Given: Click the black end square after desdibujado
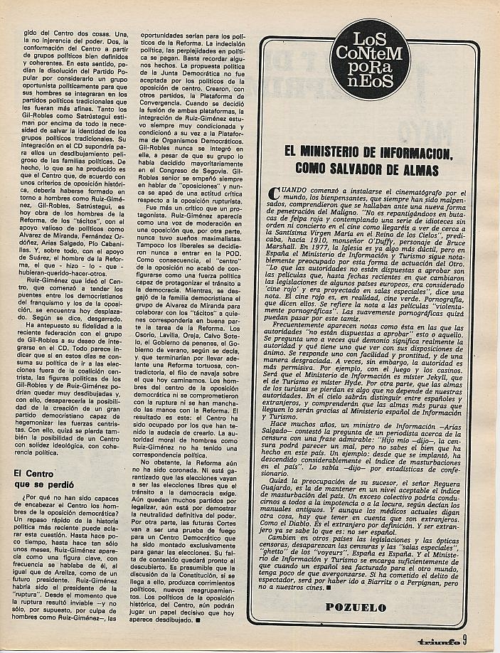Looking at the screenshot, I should (196, 620).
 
